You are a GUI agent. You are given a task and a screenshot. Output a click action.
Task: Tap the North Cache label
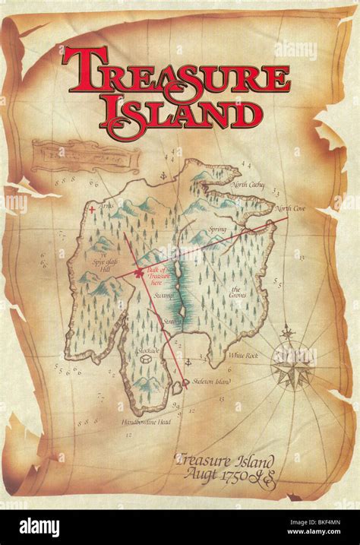pos(248,185)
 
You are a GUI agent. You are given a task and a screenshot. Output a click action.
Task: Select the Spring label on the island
pos(219,228)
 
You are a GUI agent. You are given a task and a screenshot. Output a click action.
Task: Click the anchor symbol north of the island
pos(162,177)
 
